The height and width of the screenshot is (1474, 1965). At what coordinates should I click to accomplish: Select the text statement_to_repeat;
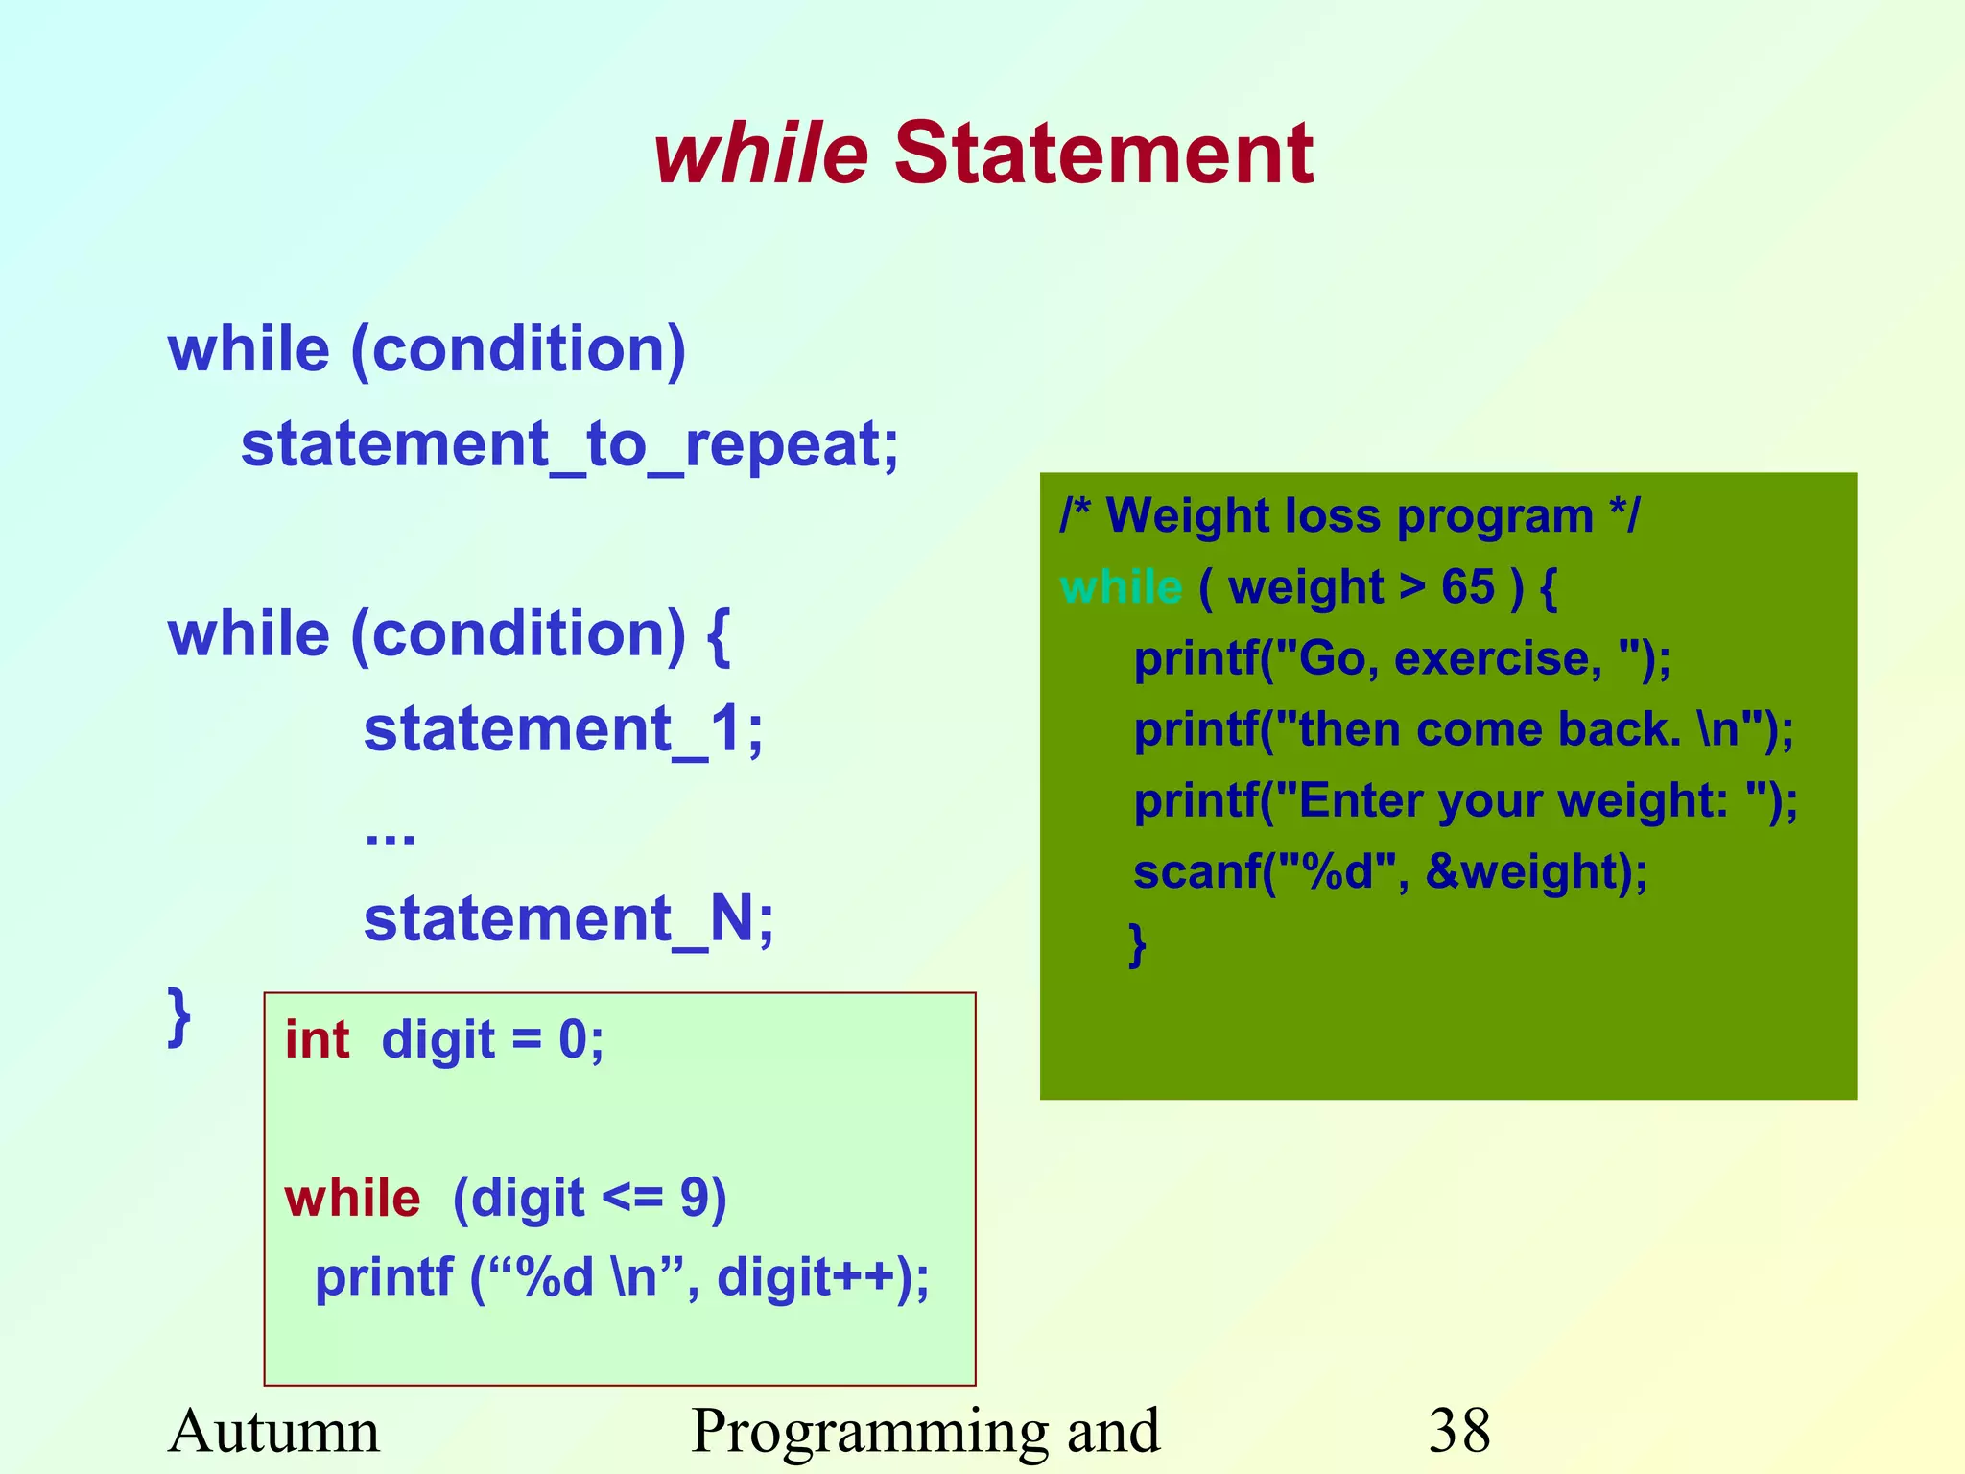click(569, 445)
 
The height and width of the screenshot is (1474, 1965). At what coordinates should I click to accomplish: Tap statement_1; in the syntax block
click(563, 729)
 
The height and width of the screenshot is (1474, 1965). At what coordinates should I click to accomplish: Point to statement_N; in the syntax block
click(568, 919)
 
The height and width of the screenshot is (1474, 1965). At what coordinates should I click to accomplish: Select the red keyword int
click(317, 1040)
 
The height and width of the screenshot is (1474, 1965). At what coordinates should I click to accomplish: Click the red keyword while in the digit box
click(352, 1199)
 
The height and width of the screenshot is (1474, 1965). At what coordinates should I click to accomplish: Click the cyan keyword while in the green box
click(1121, 587)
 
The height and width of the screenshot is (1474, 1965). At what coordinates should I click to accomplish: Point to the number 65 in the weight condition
click(1467, 587)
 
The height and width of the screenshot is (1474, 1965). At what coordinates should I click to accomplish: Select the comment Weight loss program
click(1349, 516)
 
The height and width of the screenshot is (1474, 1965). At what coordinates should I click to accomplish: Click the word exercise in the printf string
click(1497, 658)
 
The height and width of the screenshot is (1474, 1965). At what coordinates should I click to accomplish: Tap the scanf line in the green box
click(1389, 872)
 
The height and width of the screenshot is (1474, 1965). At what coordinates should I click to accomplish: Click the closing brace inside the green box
click(1137, 944)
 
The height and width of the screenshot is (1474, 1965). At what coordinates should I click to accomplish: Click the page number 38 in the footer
click(1458, 1431)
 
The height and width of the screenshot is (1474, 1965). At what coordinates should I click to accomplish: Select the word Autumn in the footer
click(273, 1431)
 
